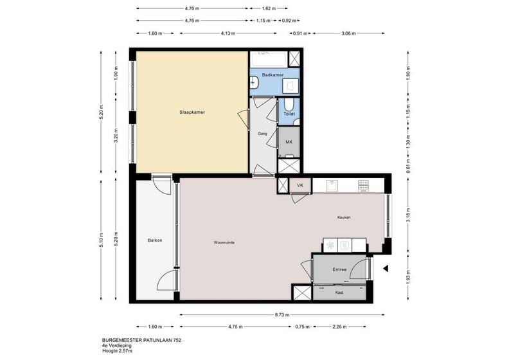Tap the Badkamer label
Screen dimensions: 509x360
[x=272, y=75]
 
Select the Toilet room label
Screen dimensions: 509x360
[x=289, y=114]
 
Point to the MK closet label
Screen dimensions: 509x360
[x=289, y=142]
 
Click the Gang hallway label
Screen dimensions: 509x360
[x=262, y=134]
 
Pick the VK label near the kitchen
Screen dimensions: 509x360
[x=300, y=185]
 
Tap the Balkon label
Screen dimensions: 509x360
[x=155, y=240]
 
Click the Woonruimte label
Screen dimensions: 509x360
[x=224, y=242]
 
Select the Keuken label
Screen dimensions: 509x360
[x=344, y=217]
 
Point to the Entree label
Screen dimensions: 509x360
[x=339, y=269]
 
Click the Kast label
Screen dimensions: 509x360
[x=339, y=292]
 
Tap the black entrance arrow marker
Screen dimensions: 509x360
[x=386, y=269]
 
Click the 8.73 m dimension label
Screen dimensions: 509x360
[x=281, y=314]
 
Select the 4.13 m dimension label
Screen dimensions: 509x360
[x=228, y=33]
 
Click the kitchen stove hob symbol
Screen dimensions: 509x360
[x=363, y=186]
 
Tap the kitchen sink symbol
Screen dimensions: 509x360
[x=332, y=186]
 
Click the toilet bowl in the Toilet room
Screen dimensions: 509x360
[x=289, y=105]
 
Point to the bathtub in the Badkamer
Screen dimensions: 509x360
[x=269, y=59]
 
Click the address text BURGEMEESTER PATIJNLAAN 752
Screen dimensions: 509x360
[x=141, y=340]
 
